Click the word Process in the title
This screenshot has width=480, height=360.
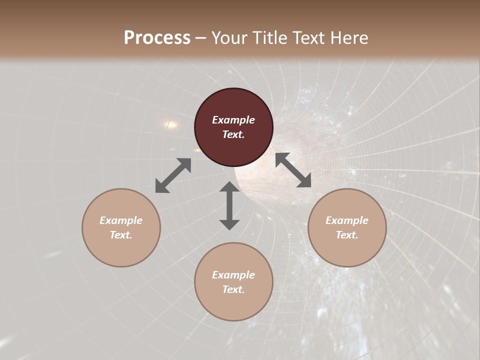point(157,38)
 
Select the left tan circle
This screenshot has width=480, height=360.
point(121,250)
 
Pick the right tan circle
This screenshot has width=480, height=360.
point(347,250)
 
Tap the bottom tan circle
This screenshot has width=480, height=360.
point(233,304)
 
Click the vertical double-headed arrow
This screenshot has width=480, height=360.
point(229,205)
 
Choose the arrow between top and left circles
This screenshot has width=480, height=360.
point(173,175)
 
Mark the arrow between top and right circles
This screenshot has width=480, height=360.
point(293,170)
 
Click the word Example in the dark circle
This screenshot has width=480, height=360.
point(233,120)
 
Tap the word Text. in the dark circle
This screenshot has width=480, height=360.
point(233,134)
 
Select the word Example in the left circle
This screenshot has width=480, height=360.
point(121,220)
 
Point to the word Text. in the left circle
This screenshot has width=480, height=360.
point(121,235)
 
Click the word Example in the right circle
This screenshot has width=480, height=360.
point(347,220)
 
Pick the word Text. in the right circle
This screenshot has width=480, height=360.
point(347,235)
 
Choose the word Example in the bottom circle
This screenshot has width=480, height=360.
point(233,275)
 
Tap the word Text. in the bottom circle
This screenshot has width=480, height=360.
point(233,289)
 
